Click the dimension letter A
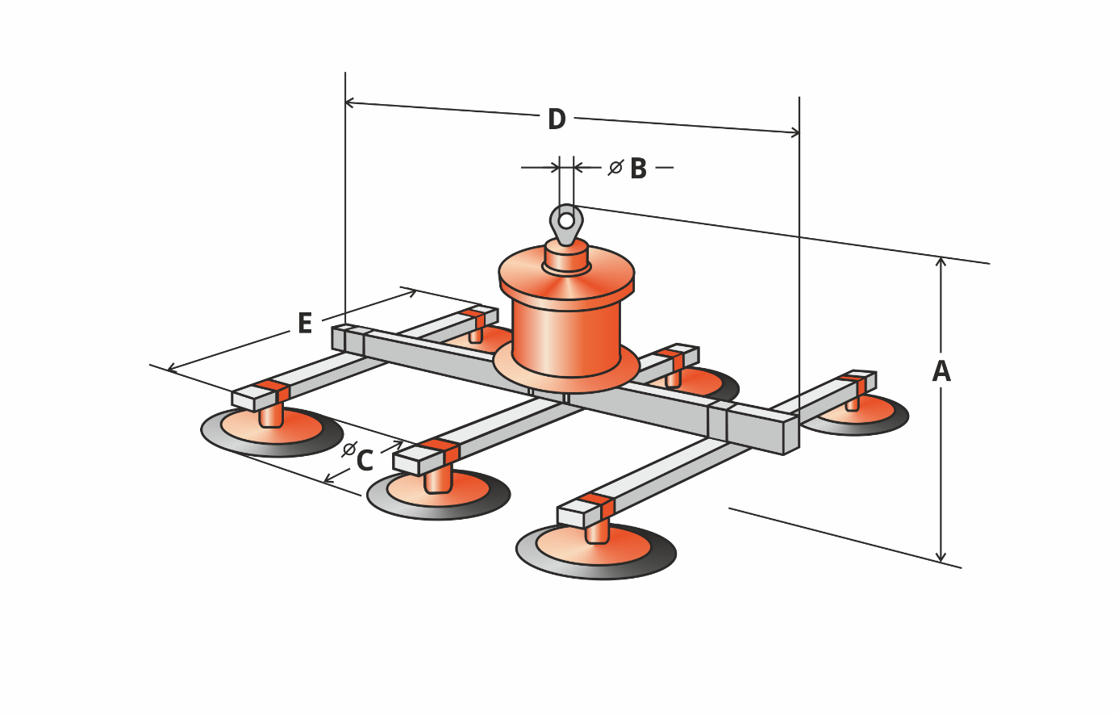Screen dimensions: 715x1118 [x=941, y=371]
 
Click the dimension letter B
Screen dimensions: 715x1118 [x=638, y=169]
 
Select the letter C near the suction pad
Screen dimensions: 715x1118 [x=365, y=461]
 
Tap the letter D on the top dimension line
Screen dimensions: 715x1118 [x=557, y=119]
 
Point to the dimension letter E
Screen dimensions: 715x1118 [x=304, y=323]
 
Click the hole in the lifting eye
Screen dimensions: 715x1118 [x=566, y=220]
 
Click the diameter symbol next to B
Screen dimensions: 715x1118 [x=615, y=168]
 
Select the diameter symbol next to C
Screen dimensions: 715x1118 [x=349, y=449]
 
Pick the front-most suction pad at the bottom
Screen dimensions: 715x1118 [x=595, y=553]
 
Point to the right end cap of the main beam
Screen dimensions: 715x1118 [x=791, y=436]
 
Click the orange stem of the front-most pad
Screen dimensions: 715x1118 [x=597, y=530]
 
